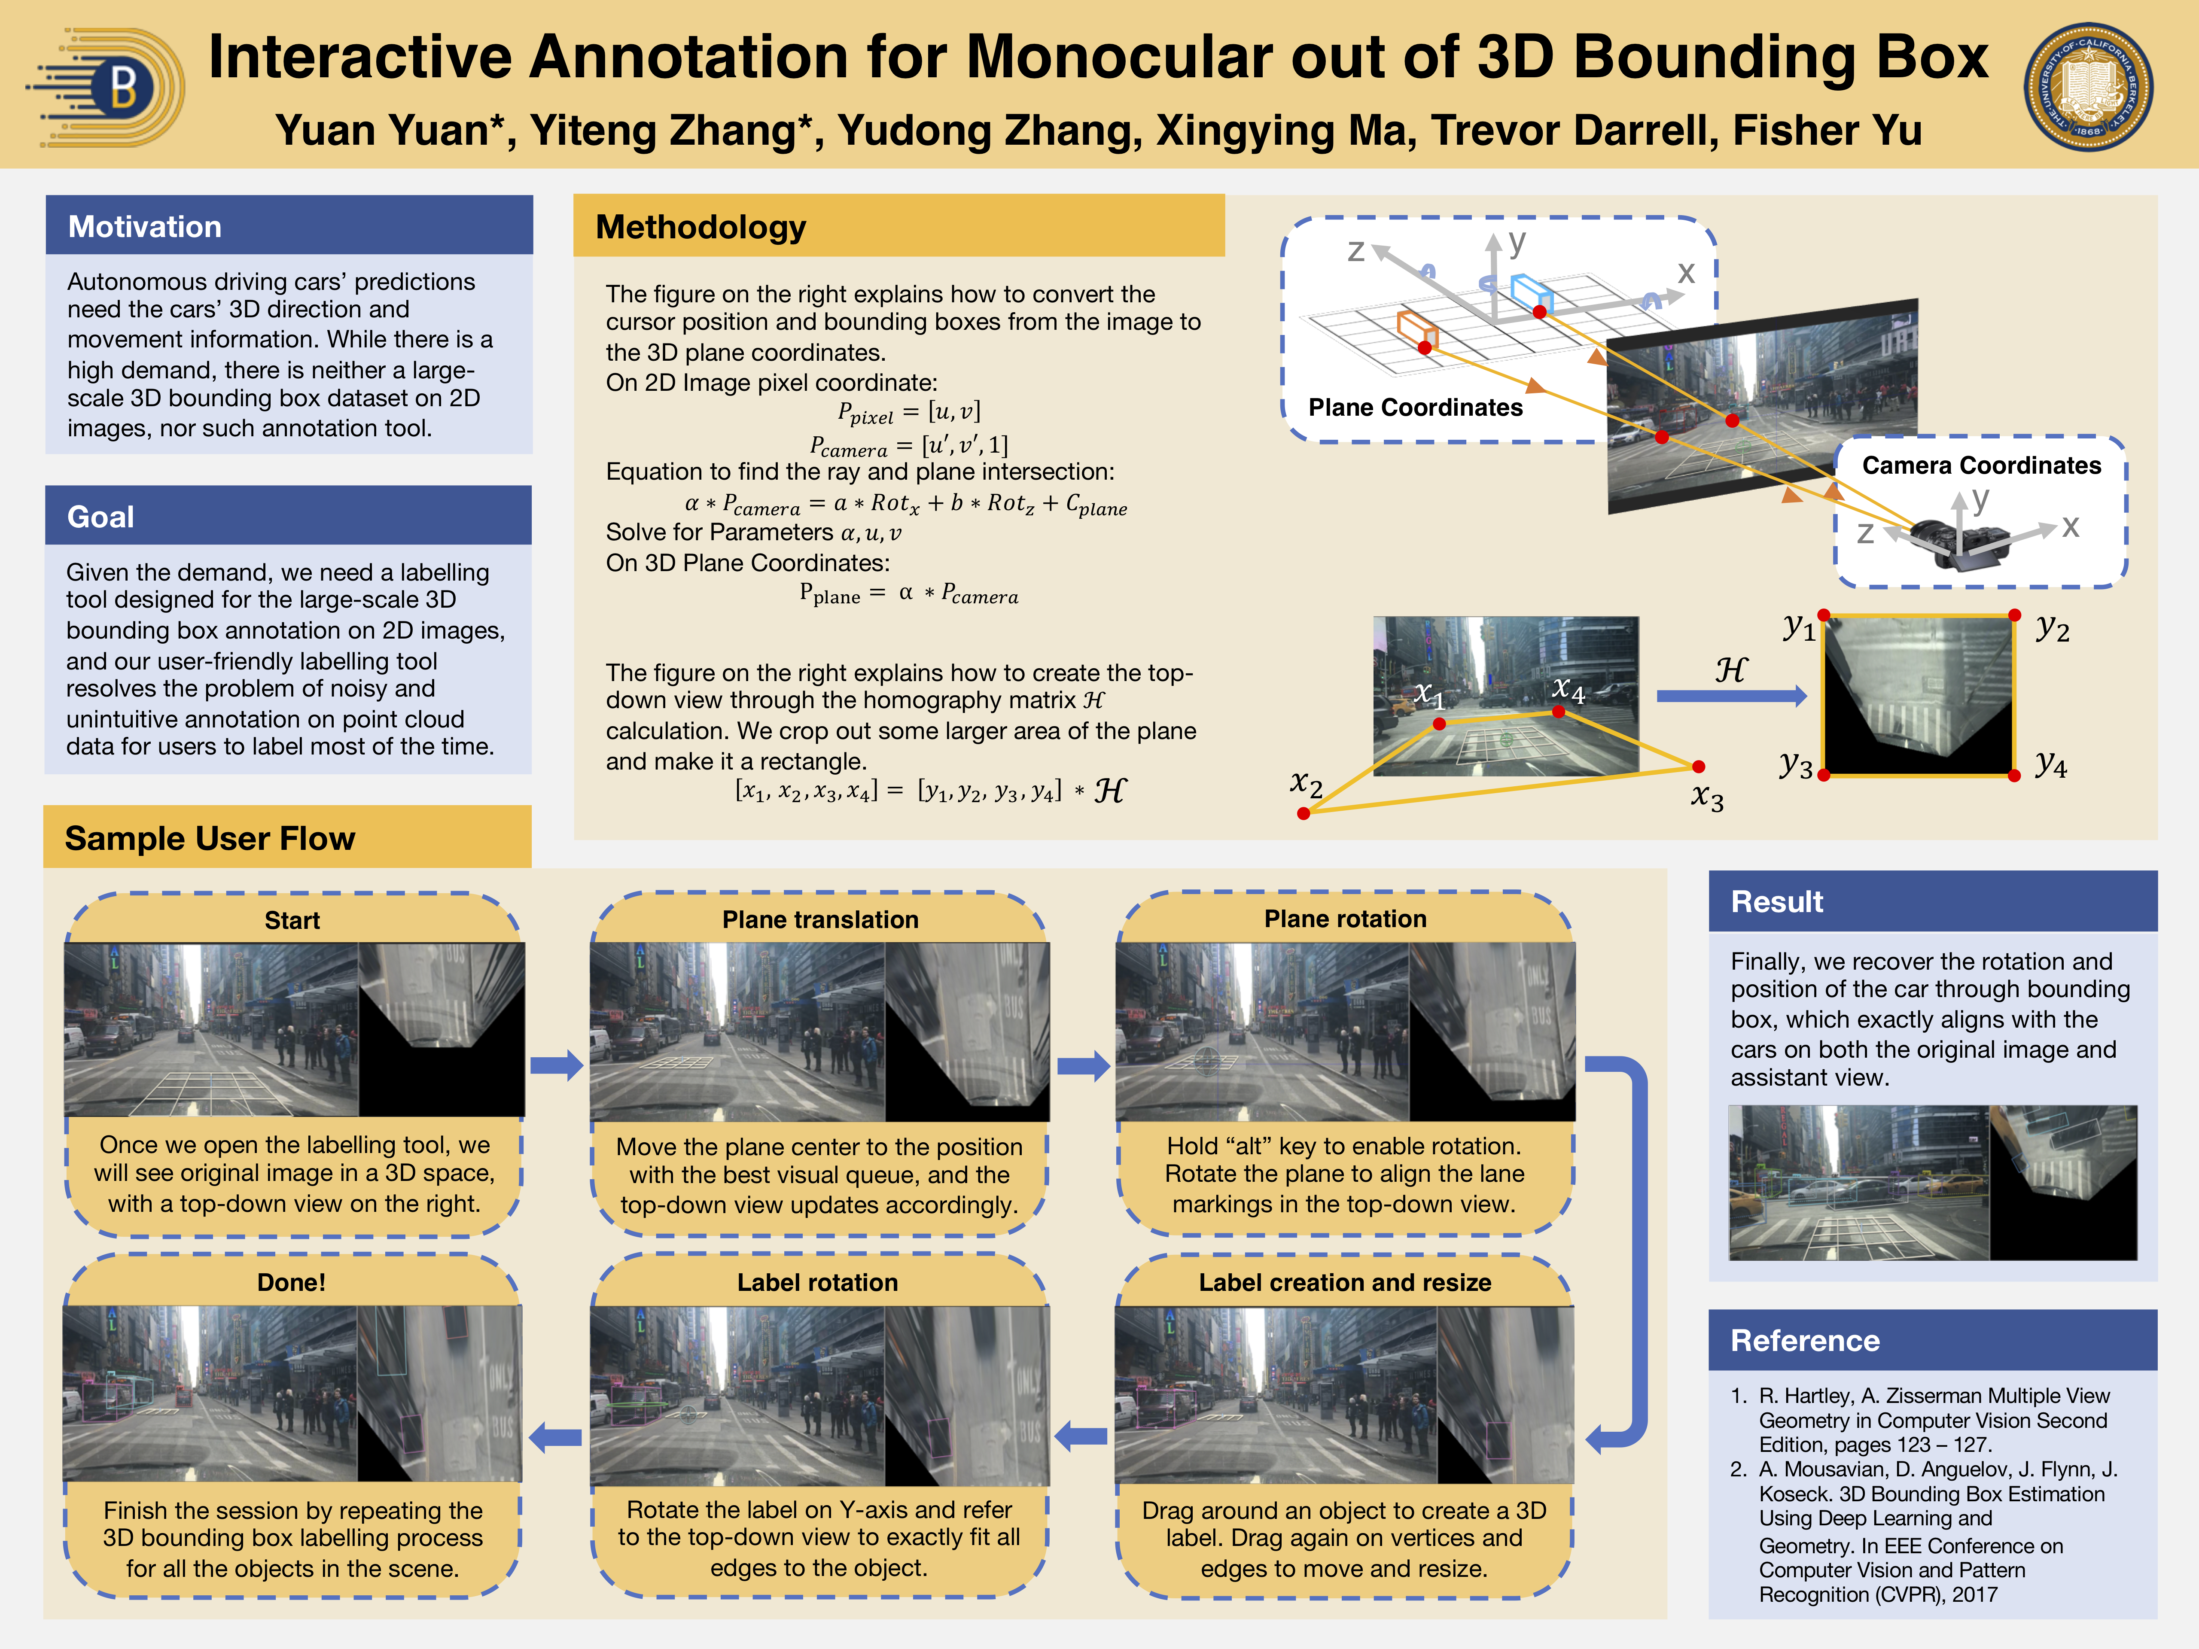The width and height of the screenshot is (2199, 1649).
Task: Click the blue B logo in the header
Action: [107, 88]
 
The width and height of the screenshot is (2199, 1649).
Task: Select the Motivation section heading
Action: [145, 227]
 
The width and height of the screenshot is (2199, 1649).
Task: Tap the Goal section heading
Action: [101, 517]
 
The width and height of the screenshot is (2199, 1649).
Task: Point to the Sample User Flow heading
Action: [210, 838]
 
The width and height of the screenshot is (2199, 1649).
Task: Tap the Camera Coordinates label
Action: [1981, 465]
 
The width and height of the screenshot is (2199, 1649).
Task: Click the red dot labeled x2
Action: [1304, 813]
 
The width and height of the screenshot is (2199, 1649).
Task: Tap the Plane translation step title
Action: [820, 919]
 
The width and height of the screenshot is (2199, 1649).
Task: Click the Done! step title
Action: [291, 1282]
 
